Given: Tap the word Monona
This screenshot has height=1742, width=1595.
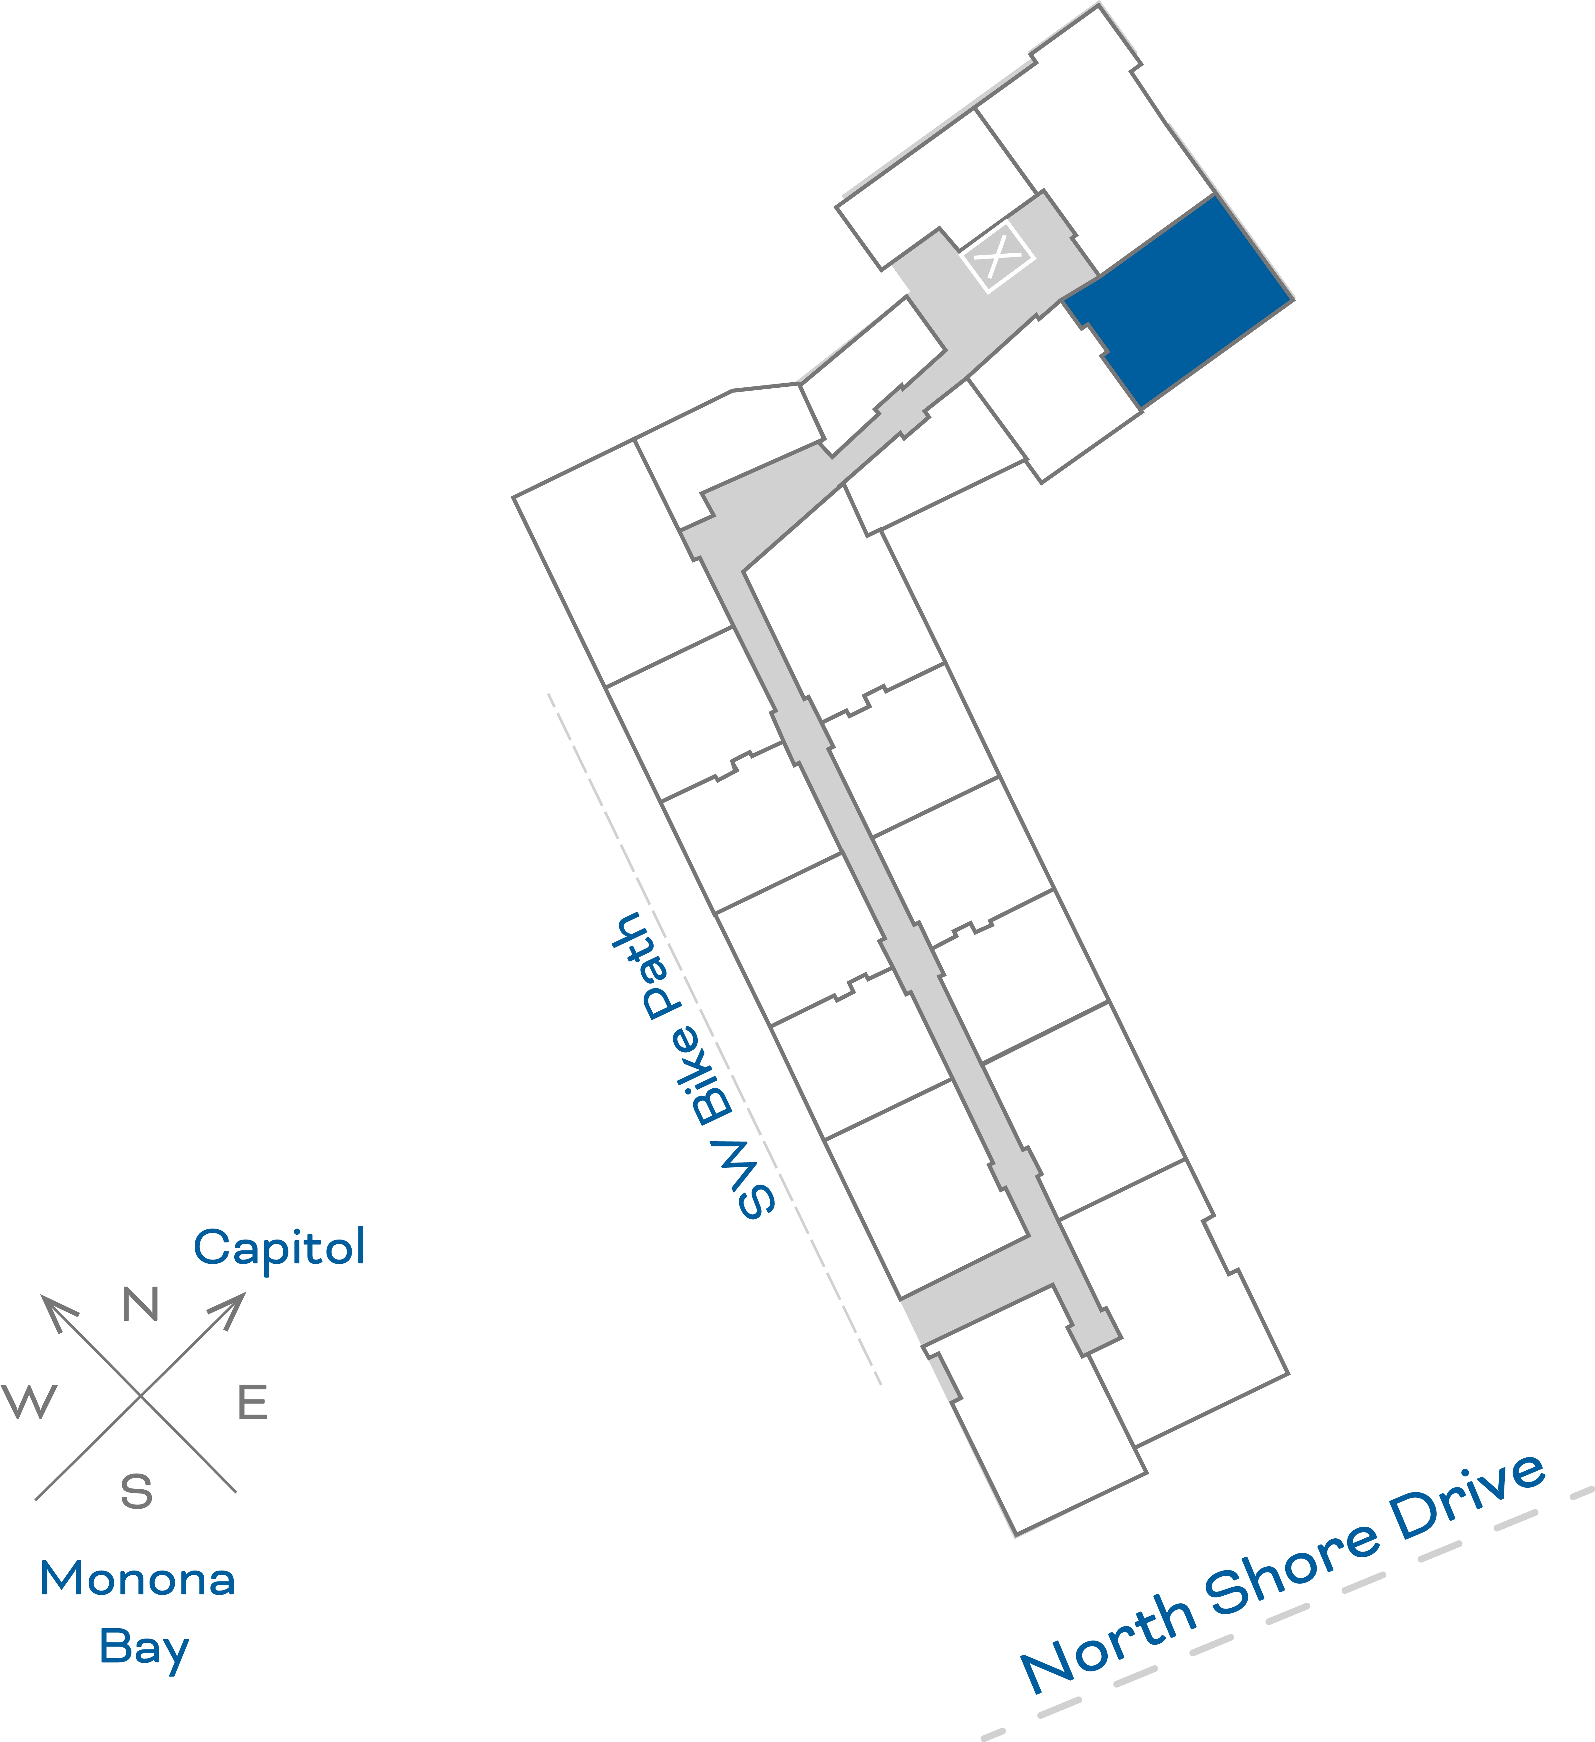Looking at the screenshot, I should click(137, 1580).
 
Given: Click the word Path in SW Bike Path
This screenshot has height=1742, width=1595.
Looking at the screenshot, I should click(652, 968).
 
